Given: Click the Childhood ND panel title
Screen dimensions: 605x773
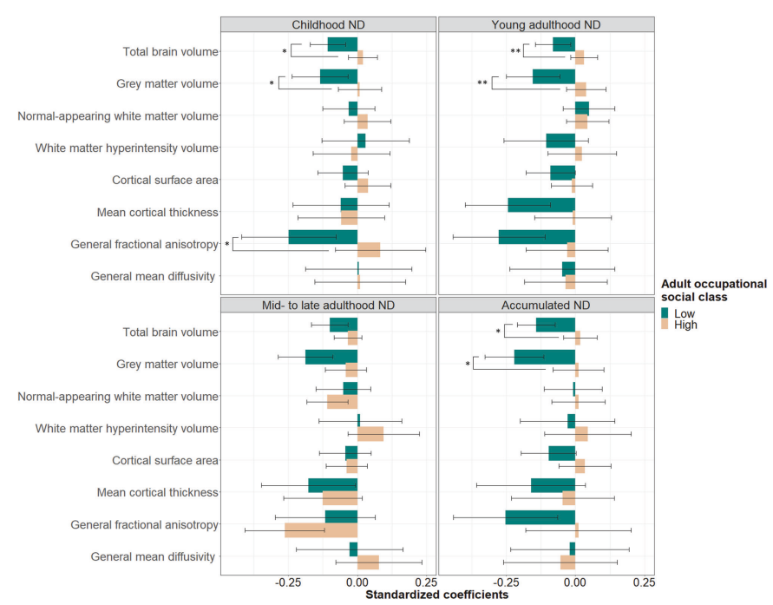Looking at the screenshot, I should point(328,25).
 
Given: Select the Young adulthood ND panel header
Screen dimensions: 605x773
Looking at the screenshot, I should point(546,25).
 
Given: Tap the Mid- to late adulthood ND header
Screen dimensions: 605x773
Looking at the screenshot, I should point(328,306).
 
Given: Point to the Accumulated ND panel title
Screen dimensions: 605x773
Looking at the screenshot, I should point(546,306).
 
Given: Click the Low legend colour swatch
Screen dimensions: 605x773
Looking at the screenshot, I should point(665,313).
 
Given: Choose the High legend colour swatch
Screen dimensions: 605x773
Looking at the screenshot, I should point(665,326).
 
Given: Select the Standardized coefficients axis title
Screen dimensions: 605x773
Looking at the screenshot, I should point(436,595).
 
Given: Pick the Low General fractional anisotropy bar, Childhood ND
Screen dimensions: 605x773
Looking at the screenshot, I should point(323,237).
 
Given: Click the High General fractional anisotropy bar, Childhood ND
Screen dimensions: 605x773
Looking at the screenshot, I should point(369,250).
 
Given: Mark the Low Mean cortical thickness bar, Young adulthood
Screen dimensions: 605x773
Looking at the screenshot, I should point(541,205).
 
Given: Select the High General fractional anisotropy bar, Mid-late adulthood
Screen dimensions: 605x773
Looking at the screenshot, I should point(321,530).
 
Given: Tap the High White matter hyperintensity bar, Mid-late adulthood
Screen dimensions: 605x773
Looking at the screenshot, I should point(370,434).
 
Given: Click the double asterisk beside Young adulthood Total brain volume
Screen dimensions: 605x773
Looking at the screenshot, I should point(515,52).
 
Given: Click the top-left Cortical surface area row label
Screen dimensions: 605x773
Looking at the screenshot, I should point(165,181).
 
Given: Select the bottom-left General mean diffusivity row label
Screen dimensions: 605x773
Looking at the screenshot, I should point(153,556).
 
